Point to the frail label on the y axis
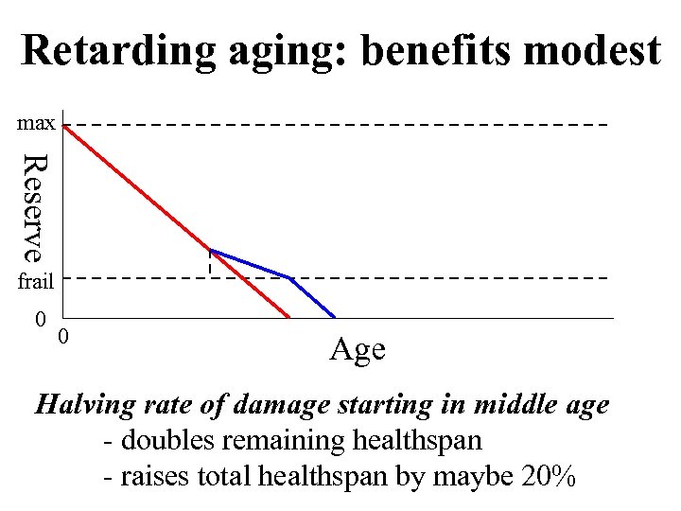point(37,280)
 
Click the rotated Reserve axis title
point(34,207)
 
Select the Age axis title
point(357,349)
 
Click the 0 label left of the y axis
point(40,318)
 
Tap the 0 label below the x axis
point(63,336)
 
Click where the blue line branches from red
point(210,250)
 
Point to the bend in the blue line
point(289,277)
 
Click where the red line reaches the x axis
point(288,317)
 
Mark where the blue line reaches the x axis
point(335,317)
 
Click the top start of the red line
point(63,125)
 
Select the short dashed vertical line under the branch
point(210,263)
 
